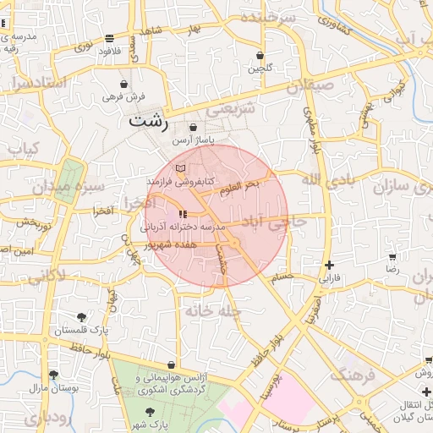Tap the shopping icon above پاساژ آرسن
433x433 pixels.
194,127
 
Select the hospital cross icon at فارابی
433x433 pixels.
329,265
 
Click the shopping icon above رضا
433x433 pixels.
392,256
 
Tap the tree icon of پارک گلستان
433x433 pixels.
81,317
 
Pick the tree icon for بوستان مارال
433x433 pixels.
54,375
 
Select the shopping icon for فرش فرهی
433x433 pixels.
125,85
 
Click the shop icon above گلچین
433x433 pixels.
261,55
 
